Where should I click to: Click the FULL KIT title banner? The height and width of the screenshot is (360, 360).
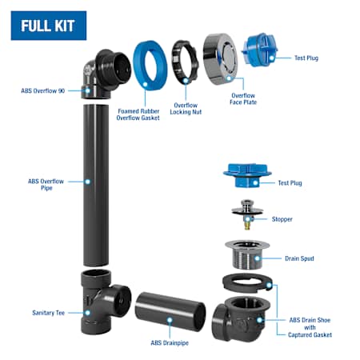[x=49, y=26]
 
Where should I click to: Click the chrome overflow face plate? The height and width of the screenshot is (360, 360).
[x=220, y=59]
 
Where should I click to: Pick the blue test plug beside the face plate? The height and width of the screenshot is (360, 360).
[x=259, y=50]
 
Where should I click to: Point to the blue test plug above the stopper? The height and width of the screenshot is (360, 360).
[x=247, y=175]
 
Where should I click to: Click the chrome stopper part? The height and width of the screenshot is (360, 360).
[x=247, y=214]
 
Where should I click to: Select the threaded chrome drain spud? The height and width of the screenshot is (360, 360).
[x=247, y=254]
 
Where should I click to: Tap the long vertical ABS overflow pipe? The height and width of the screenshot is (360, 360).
[x=96, y=186]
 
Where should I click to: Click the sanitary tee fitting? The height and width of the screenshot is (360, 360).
[x=102, y=302]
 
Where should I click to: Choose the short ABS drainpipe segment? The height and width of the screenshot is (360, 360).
[x=170, y=311]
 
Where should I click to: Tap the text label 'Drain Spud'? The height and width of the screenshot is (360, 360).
[x=299, y=258]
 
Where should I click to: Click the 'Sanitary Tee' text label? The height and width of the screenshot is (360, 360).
[x=48, y=313]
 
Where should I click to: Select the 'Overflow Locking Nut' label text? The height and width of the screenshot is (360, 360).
[x=186, y=109]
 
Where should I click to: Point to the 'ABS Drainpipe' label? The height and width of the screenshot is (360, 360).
[x=170, y=342]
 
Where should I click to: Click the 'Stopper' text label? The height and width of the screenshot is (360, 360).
[x=282, y=219]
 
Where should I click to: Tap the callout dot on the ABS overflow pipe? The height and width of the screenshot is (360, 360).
[x=87, y=182]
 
